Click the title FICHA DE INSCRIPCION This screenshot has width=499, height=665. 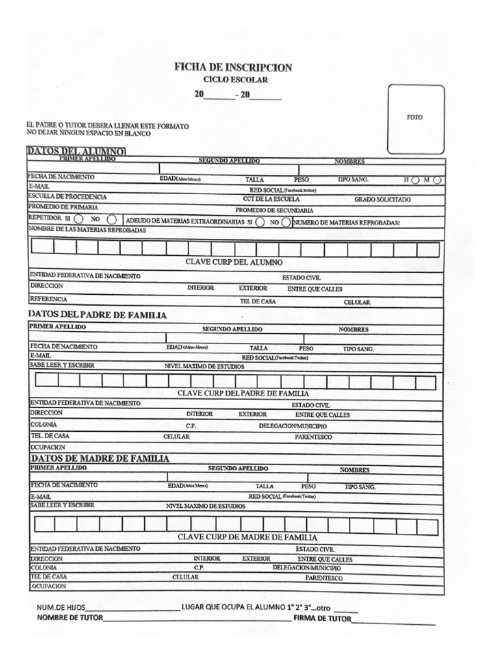[x=233, y=68]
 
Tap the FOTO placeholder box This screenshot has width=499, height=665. [x=416, y=118]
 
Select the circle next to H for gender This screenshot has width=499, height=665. [x=415, y=180]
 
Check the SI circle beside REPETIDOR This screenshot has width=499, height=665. [x=78, y=220]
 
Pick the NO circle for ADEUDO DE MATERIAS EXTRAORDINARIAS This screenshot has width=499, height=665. [x=286, y=221]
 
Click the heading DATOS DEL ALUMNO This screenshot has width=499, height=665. [x=76, y=151]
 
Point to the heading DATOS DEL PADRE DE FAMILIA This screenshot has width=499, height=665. [x=97, y=315]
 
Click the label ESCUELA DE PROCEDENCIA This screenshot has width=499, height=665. [x=68, y=197]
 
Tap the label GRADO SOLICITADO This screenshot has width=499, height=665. [x=382, y=200]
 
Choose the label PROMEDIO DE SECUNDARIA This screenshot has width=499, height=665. [x=274, y=210]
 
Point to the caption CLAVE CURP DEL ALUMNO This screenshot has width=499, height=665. [x=234, y=262]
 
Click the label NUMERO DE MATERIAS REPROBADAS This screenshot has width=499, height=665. [x=347, y=222]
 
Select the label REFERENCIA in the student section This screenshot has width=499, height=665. [x=49, y=299]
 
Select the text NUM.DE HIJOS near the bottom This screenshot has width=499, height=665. [x=60, y=607]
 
